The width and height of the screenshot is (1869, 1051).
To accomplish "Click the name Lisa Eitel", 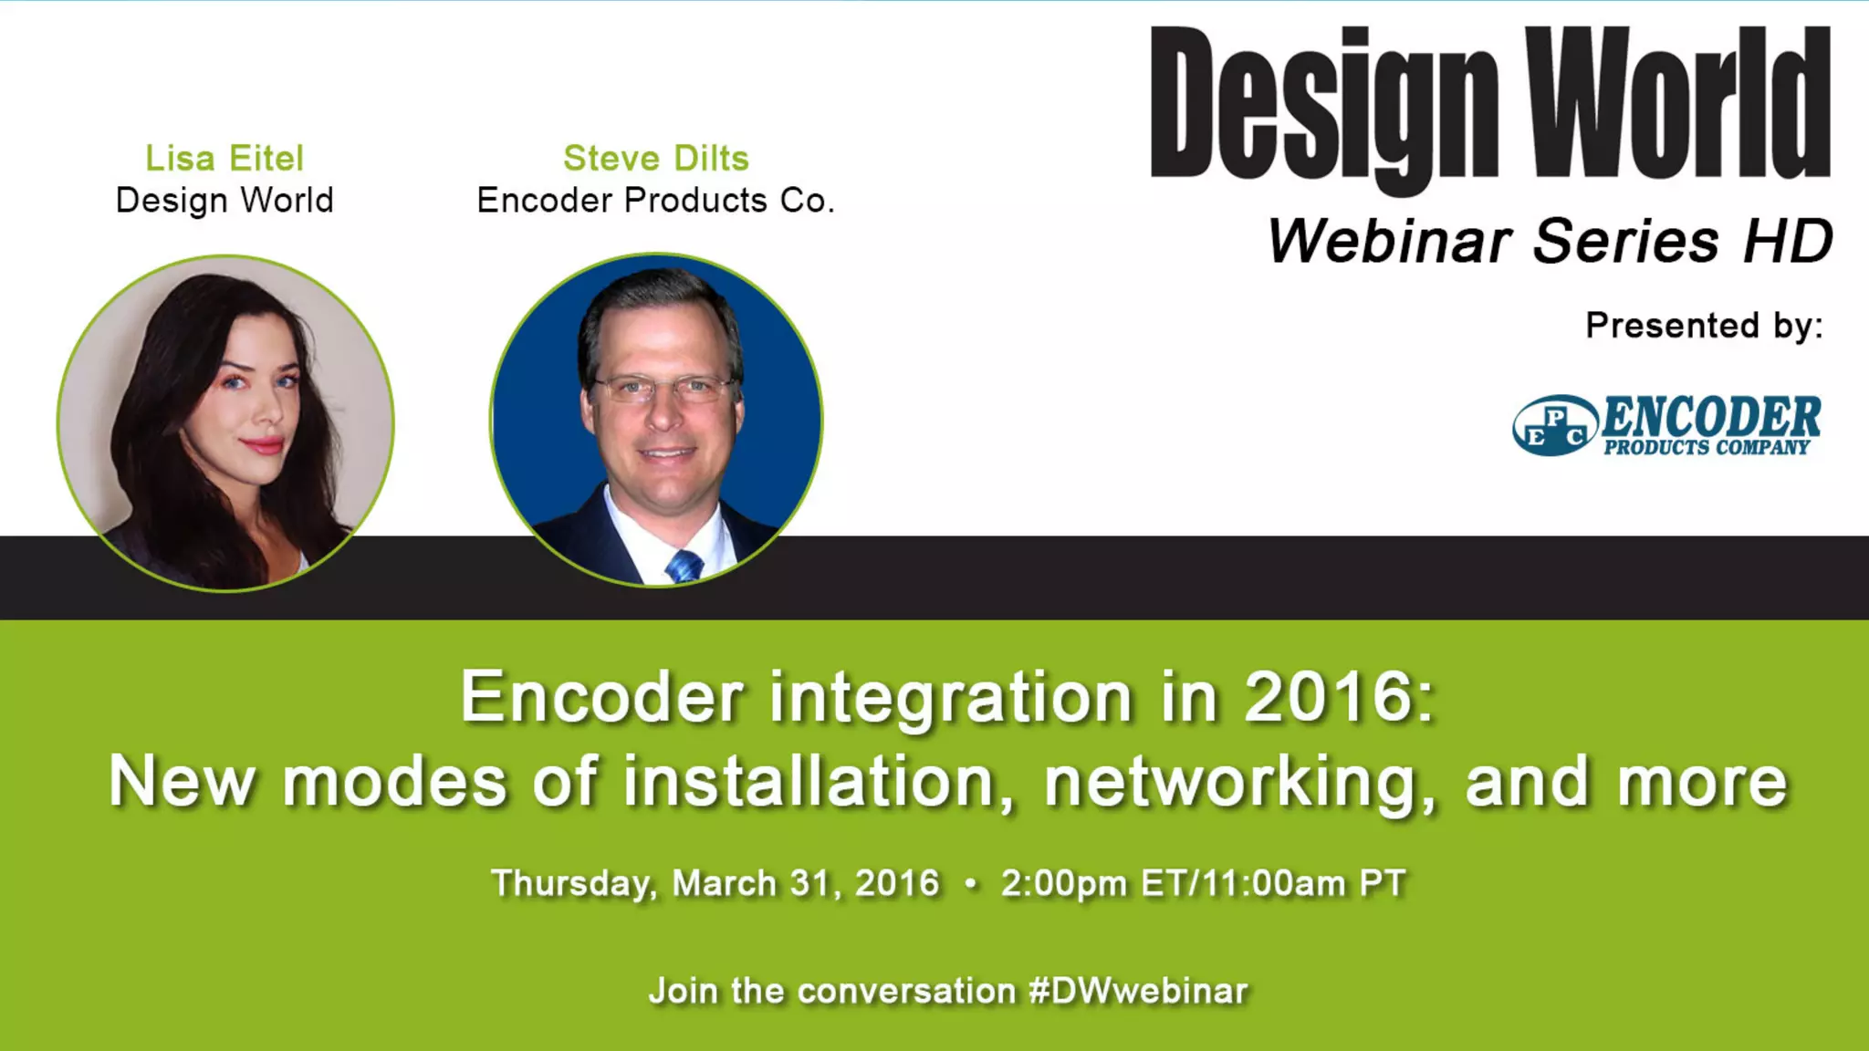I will click(224, 159).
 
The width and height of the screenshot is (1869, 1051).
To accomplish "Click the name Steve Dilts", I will click(656, 159).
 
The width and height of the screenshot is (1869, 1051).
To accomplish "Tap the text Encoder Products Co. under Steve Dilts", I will click(655, 201).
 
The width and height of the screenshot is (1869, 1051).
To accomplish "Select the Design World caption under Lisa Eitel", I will click(224, 201).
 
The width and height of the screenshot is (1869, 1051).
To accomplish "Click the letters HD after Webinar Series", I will click(1788, 242).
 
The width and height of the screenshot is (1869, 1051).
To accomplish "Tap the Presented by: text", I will click(1704, 326).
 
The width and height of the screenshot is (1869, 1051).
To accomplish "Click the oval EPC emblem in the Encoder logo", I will click(1555, 426).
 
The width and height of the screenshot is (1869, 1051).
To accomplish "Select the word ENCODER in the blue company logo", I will click(1711, 417).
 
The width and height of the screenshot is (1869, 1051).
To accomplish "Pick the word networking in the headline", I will click(1240, 783).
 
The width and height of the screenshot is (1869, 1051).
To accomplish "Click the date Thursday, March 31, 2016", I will click(715, 883).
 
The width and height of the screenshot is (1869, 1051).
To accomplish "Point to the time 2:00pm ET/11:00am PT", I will click(1203, 883).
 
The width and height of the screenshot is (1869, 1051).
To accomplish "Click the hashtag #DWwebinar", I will click(1138, 991).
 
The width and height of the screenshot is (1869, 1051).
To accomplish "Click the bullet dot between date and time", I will click(970, 883).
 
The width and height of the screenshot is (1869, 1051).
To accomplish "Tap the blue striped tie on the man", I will click(684, 566).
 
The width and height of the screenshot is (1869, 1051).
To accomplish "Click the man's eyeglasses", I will click(662, 389).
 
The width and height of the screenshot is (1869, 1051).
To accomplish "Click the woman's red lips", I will click(263, 445).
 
